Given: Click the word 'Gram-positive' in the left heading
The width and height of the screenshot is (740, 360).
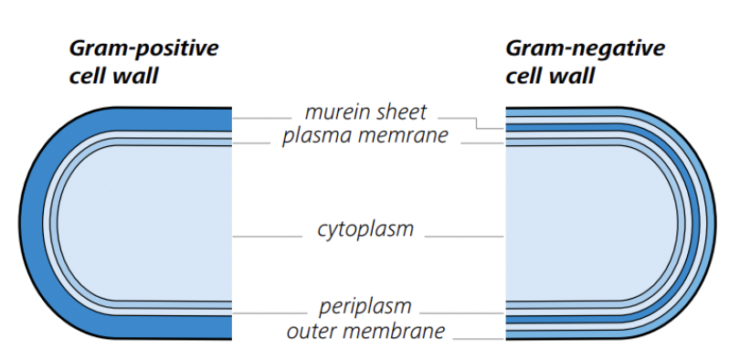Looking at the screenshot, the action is [x=144, y=49].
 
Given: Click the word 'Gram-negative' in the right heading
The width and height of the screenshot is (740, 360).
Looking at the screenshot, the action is [x=585, y=49].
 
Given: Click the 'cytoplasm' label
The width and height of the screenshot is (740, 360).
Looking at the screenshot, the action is [x=365, y=230].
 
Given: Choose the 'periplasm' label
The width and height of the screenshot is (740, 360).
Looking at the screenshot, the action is [x=365, y=307].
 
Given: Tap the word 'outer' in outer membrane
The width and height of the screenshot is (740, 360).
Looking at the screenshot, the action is [x=308, y=332].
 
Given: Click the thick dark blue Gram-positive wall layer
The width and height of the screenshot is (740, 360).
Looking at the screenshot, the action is [x=30, y=222].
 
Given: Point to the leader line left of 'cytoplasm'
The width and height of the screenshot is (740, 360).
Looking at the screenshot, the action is [x=267, y=237].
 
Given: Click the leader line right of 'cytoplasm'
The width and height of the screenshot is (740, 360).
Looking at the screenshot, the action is [x=465, y=237].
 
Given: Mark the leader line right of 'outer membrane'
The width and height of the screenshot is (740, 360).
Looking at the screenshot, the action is [x=479, y=339].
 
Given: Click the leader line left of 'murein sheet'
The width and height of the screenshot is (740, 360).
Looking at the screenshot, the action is [x=262, y=118].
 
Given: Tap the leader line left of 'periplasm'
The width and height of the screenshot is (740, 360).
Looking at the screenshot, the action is [x=270, y=312].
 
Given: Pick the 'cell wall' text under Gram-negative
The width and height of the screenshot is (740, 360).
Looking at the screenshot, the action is [x=550, y=77].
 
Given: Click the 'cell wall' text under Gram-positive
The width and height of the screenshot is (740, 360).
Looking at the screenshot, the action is [x=113, y=77].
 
